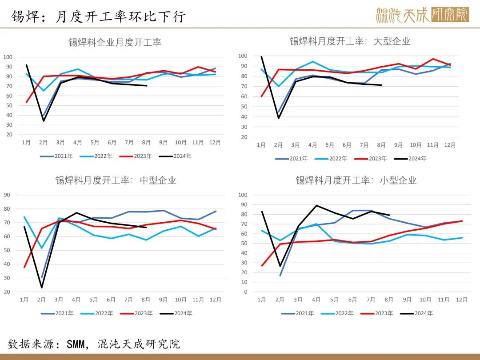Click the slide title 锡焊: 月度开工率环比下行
(98, 16)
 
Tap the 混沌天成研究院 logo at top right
(422, 15)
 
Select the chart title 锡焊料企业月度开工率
(115, 42)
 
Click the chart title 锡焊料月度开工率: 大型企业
(350, 41)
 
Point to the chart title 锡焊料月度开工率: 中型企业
(116, 180)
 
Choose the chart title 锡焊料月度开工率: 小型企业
(356, 180)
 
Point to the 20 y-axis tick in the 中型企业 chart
(7, 292)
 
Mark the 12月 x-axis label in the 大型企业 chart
(450, 145)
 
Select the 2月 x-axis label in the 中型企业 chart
(42, 300)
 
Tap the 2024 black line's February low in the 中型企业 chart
(42, 288)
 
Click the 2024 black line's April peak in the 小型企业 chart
(316, 205)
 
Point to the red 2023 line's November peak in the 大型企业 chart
(433, 59)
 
